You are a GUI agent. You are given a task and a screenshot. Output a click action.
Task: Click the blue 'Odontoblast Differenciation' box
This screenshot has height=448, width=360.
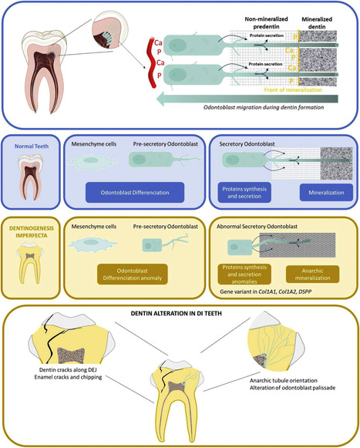point(136,192)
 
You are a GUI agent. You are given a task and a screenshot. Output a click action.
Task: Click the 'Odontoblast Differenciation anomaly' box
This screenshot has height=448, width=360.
point(135,274)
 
